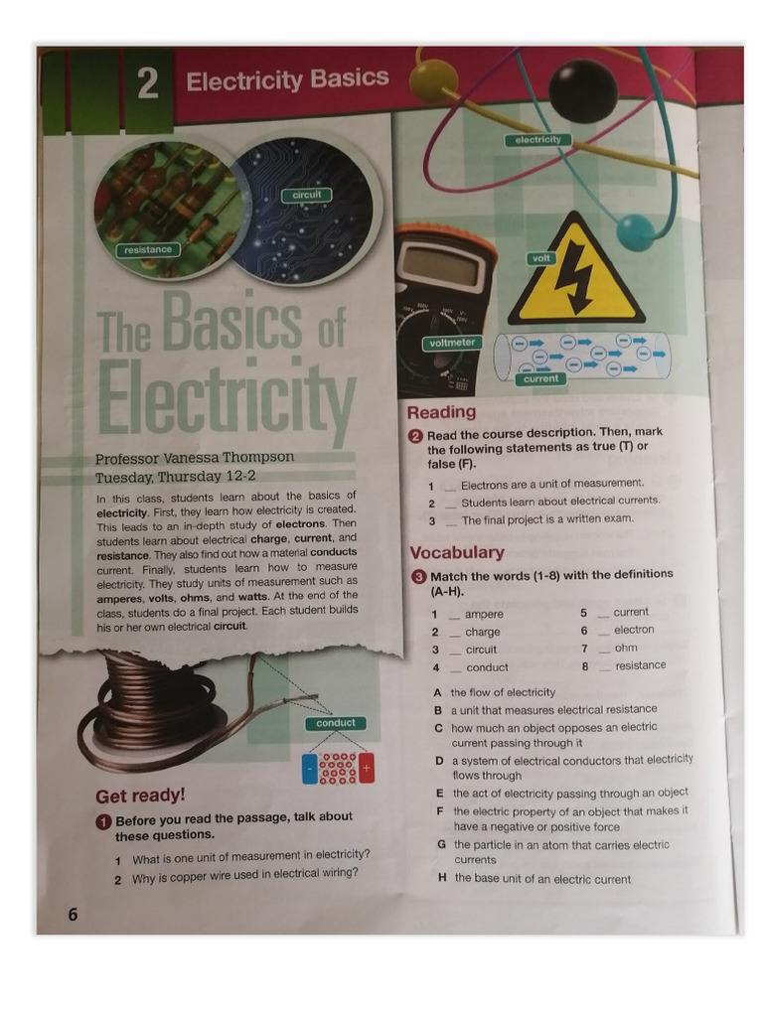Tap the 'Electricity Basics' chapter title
tap(287, 79)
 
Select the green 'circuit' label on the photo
tap(307, 195)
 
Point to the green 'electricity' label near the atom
tap(537, 140)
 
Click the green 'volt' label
tap(541, 258)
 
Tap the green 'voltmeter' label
tap(453, 343)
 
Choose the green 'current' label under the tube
tap(541, 378)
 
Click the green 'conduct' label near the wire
tap(336, 723)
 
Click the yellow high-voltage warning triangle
tap(576, 276)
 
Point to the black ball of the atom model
tap(583, 90)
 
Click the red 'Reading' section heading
tap(441, 412)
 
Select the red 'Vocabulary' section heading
tap(457, 552)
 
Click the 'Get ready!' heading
tap(140, 796)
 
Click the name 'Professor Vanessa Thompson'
tap(195, 458)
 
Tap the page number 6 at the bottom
tap(73, 914)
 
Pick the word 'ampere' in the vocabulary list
tap(484, 614)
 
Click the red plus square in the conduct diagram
tap(366, 769)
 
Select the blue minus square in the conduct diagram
tap(310, 769)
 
